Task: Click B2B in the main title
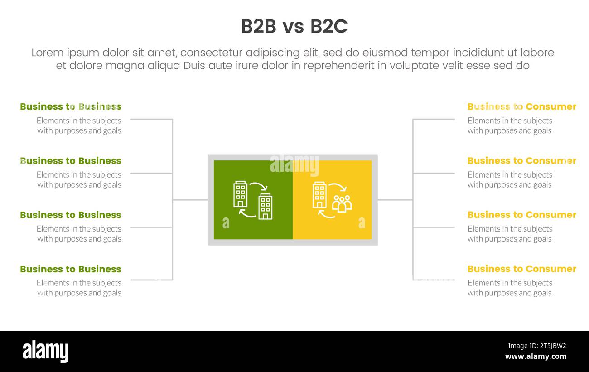[x=258, y=27]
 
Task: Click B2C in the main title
[x=329, y=27]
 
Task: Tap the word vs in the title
[x=293, y=27]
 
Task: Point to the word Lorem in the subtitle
[x=47, y=53]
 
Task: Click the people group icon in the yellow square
[x=342, y=204]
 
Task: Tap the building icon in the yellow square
[x=319, y=194]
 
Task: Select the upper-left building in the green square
[x=240, y=194]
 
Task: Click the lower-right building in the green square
[x=265, y=207]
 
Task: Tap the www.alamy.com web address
[x=536, y=357]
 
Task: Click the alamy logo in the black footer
[x=45, y=352]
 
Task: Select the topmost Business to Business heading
[x=71, y=107]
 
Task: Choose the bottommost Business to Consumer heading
[x=521, y=269]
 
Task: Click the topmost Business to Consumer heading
[x=521, y=107]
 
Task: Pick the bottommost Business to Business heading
[x=71, y=269]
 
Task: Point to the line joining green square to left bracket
[x=190, y=200]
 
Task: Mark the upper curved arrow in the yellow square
[x=338, y=187]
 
